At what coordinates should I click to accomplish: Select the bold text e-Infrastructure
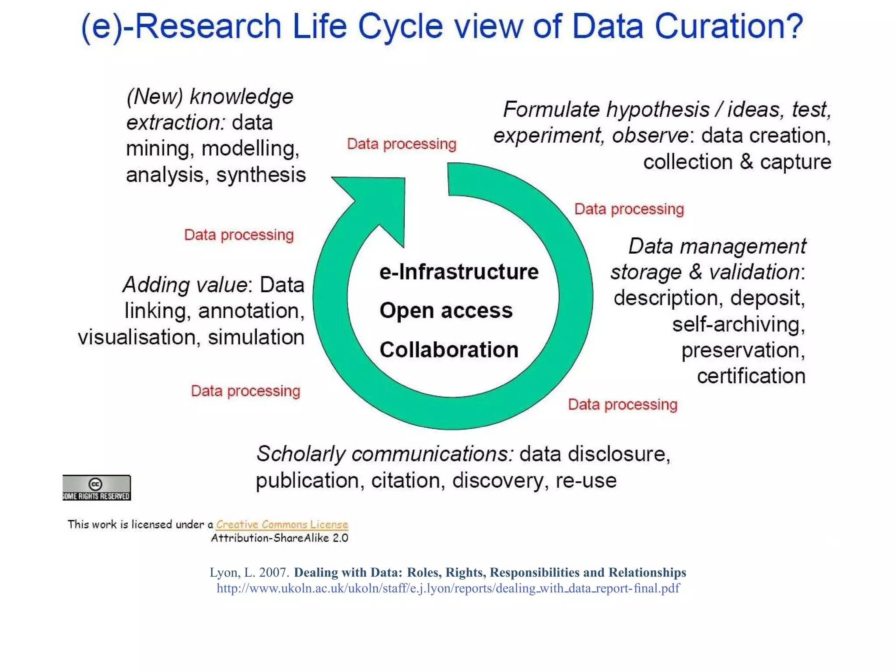[459, 272]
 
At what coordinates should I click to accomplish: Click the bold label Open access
[446, 311]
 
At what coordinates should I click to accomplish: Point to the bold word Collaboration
[449, 350]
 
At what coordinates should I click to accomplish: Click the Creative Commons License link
[282, 524]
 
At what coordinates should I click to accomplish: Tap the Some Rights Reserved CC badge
[96, 487]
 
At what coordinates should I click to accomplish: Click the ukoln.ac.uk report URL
[448, 588]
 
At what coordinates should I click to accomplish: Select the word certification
[751, 376]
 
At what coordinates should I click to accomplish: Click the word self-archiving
[738, 325]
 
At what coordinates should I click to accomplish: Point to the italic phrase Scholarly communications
[385, 454]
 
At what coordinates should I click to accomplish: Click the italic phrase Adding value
[185, 285]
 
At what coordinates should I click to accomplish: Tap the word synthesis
[261, 175]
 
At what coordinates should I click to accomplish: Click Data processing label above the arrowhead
[401, 144]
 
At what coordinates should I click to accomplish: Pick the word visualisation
[137, 337]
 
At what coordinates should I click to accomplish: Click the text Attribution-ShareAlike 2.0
[280, 538]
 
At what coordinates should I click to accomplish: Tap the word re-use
[586, 480]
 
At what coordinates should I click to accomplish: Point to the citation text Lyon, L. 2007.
[249, 573]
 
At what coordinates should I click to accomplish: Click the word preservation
[743, 350]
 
